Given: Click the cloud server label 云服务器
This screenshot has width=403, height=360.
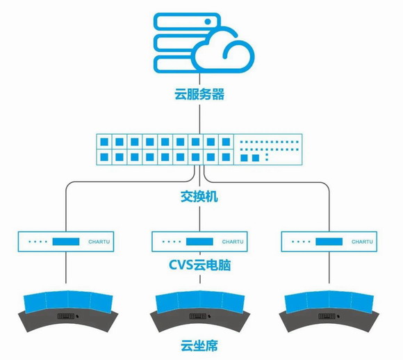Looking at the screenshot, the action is coord(199,95).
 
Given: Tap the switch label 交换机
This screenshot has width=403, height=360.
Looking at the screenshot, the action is coord(199,197).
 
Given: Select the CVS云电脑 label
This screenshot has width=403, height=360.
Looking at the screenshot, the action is coord(199,265).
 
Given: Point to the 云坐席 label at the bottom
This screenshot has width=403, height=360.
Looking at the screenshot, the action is coord(199,345).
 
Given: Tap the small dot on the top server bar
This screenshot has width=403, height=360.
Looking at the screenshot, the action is coord(208,22).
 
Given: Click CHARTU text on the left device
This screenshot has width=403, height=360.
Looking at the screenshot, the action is coord(99,242).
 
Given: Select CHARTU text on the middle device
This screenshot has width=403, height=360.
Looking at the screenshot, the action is coord(233,242).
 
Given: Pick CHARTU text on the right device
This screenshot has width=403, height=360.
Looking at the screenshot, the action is coord(362,242).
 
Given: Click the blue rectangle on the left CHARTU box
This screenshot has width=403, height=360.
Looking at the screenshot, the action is coord(66,242).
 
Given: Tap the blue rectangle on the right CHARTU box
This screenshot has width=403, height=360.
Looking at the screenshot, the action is coord(329,242).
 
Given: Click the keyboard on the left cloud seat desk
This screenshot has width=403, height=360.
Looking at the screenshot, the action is coord(66,316).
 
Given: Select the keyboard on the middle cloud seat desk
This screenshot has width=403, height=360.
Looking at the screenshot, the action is coord(198,316).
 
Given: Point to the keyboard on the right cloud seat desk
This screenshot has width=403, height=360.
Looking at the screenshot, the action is coord(327,316).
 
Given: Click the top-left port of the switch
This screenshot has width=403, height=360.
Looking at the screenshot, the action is coord(104,142).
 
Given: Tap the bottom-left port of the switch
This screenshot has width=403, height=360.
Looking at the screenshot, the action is coord(104,157).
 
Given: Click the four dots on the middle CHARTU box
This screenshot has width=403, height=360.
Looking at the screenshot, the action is coord(172,242).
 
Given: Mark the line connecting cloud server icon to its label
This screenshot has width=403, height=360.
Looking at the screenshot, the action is coord(199,81).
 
